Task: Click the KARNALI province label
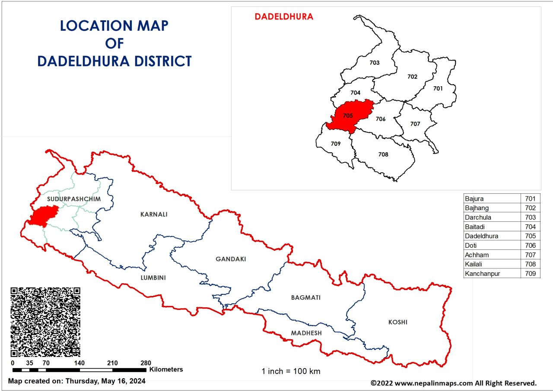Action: (x=153, y=214)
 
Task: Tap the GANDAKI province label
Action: (x=231, y=259)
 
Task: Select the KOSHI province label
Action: (x=397, y=322)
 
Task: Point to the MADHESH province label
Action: (x=306, y=333)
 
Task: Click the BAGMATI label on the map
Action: (x=306, y=298)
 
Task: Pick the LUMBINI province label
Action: (x=153, y=278)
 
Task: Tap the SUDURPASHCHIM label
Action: (x=74, y=199)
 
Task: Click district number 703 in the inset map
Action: (x=375, y=63)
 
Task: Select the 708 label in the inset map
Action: (x=383, y=155)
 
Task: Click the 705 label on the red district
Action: (x=348, y=116)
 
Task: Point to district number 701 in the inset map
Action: (x=438, y=88)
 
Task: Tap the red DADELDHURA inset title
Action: (x=284, y=17)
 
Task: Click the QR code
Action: (x=45, y=322)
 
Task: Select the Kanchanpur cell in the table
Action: (x=483, y=274)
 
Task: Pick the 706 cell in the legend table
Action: (x=530, y=246)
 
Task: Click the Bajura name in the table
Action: (x=474, y=199)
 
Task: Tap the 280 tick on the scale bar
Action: (x=146, y=363)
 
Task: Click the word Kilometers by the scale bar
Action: (x=166, y=369)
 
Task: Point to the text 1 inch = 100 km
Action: (x=291, y=371)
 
